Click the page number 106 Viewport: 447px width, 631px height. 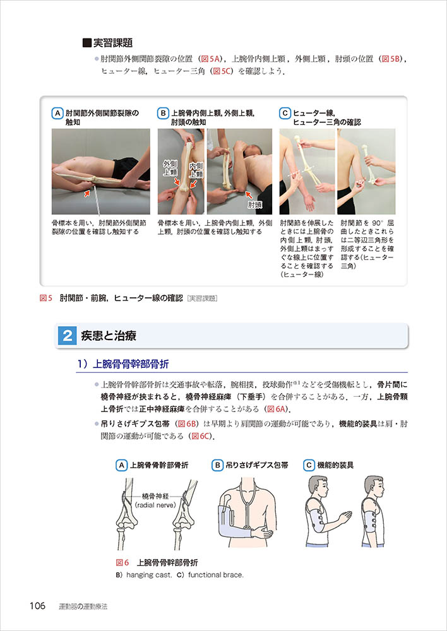(37, 606)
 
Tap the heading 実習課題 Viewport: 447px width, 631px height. (113, 43)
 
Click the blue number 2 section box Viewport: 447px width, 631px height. (68, 336)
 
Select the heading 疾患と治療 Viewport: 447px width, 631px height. (109, 336)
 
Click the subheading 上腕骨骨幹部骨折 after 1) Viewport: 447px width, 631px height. (131, 365)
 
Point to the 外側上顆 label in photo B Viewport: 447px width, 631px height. (170, 168)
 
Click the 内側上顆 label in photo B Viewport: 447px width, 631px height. (196, 170)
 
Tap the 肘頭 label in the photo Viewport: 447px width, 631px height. (255, 205)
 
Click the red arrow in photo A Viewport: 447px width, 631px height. (86, 194)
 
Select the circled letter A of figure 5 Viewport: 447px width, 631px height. (57, 114)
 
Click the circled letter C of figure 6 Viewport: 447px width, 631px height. (309, 466)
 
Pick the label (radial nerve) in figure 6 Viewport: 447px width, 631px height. (155, 505)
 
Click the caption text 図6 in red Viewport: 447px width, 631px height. (122, 563)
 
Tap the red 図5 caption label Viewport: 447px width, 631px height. (46, 298)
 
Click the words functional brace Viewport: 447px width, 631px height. (215, 575)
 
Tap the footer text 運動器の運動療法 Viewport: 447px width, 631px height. (83, 606)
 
